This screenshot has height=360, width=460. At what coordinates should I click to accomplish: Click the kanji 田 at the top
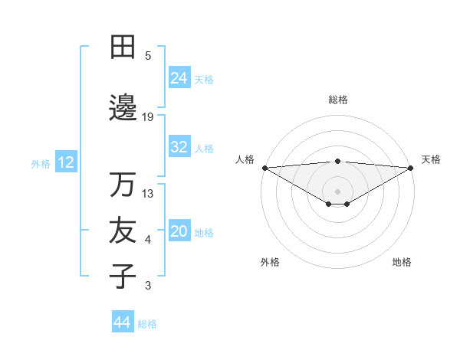coord(123,47)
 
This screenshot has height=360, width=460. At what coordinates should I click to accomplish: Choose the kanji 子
coord(123,276)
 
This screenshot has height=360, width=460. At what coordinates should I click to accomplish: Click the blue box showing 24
coord(179,78)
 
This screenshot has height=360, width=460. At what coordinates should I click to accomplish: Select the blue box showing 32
coord(179,148)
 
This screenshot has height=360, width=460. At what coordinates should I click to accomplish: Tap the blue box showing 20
coord(179,232)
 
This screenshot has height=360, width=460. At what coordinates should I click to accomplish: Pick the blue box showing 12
coord(65,162)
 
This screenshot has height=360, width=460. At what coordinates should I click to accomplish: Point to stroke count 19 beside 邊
coord(148,117)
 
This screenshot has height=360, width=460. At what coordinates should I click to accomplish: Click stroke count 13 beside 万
coord(148,194)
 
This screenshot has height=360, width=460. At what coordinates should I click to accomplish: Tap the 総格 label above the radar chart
coord(338,100)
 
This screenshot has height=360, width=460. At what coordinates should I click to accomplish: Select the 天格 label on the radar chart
coord(431,159)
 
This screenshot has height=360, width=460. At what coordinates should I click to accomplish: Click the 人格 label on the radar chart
coord(245,159)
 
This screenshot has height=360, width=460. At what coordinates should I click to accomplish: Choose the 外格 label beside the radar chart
coord(270,262)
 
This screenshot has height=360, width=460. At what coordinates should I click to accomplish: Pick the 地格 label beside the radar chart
coord(402,262)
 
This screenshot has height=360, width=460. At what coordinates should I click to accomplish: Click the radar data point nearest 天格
coord(410,167)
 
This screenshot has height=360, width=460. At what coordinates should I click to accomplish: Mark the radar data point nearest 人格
coord(264,167)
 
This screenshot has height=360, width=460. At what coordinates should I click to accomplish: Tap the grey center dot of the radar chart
coord(337,190)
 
